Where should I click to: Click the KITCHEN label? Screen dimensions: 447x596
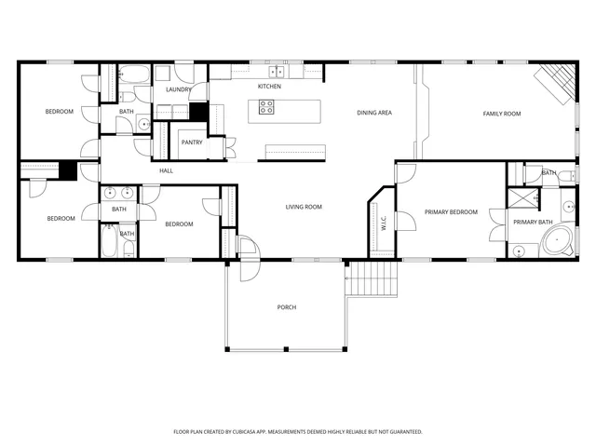click(269, 87)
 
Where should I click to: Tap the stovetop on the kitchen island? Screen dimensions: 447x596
click(267, 108)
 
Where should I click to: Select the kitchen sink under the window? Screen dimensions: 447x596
click(277, 71)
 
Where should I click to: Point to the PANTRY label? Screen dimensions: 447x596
click(192, 142)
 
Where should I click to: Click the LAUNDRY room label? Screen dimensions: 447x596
click(178, 89)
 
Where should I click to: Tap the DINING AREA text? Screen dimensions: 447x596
click(373, 114)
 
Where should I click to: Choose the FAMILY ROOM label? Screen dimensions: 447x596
click(501, 114)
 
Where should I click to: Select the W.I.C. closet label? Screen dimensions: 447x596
click(383, 223)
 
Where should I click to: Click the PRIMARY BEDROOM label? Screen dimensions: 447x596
click(451, 212)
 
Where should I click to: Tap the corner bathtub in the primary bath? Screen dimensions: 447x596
click(557, 243)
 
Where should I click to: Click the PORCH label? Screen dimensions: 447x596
click(287, 307)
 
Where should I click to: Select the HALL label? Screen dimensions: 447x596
click(167, 170)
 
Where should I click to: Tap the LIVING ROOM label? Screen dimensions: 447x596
click(304, 207)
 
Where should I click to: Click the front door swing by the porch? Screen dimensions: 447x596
click(246, 248)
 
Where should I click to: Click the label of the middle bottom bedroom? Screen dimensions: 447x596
click(179, 224)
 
